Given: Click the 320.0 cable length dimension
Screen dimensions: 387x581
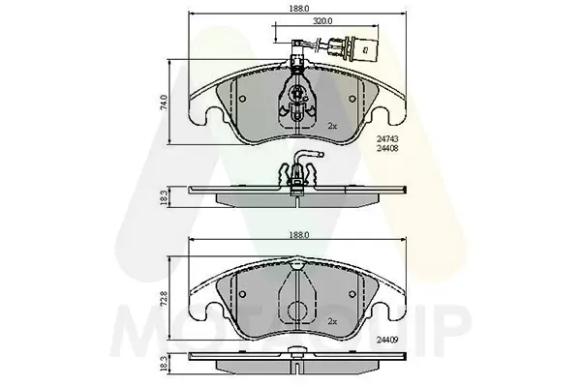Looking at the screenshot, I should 322,19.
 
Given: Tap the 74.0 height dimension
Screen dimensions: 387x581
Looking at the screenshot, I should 164,100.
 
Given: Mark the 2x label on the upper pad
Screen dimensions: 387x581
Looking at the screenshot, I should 332,126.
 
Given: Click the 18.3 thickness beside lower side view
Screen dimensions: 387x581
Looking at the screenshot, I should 164,366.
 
